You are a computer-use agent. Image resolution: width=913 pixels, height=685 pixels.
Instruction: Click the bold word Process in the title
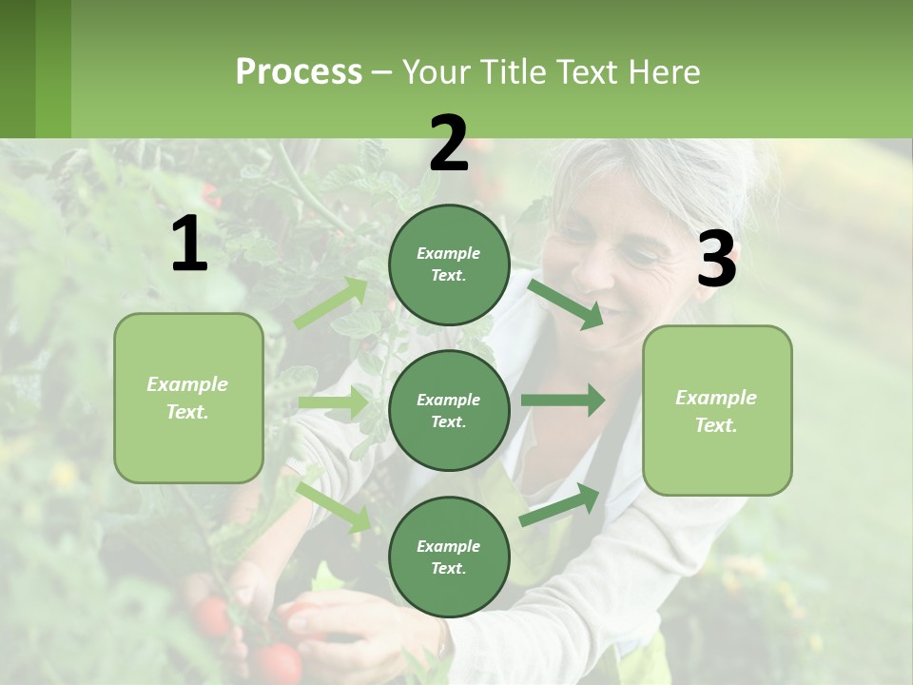(x=299, y=71)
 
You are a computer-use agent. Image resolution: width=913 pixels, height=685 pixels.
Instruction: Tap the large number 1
(x=189, y=245)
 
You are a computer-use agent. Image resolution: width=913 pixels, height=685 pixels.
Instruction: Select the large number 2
(x=449, y=144)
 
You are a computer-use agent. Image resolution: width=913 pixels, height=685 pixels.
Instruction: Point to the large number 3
(x=716, y=260)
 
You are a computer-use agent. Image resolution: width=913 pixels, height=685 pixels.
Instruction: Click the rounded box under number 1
(x=188, y=398)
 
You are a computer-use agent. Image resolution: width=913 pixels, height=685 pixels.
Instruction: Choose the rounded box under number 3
(x=717, y=410)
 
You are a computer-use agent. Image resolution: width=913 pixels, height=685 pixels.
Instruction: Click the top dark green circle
(x=449, y=264)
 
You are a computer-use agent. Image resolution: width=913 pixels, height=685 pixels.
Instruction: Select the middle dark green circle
(x=449, y=410)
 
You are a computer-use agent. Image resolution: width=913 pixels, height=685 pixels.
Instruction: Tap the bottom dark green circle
(x=449, y=557)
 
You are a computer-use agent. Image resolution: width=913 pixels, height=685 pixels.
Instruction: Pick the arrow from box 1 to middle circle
(x=333, y=402)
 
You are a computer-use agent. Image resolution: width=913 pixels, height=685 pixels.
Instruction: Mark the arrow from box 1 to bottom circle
(x=334, y=506)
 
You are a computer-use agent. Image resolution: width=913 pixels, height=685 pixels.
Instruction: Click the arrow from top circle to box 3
(x=566, y=303)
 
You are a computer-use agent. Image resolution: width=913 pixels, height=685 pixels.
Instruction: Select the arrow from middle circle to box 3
(x=563, y=400)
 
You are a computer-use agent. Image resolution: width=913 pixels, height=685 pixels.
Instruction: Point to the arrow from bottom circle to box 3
(x=560, y=505)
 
